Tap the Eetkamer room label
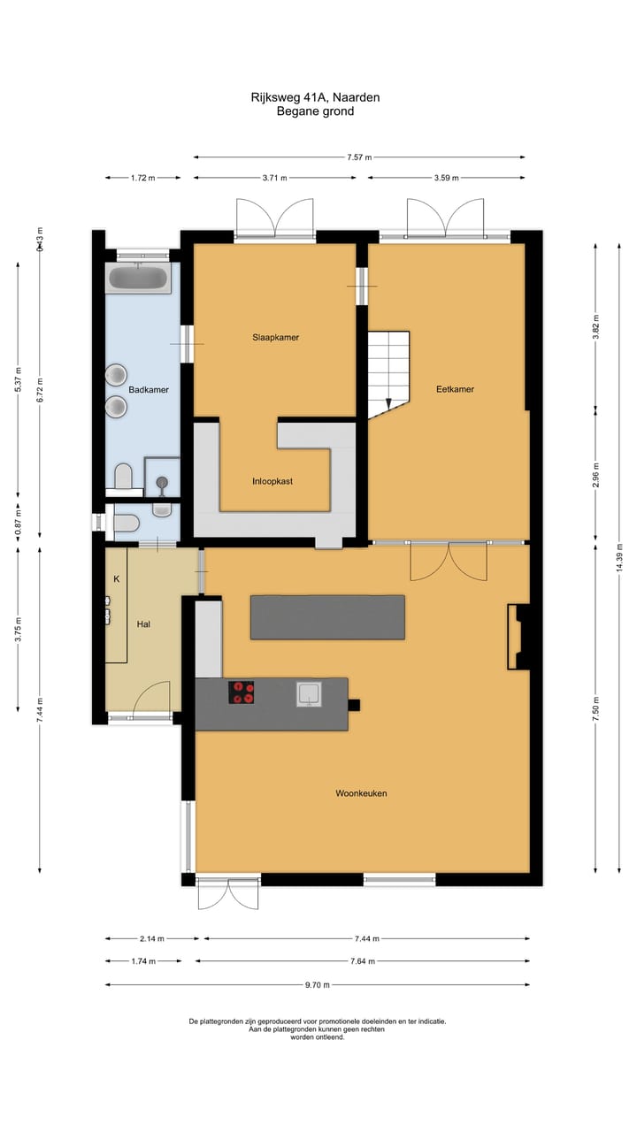(x=455, y=389)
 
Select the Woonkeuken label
(x=361, y=793)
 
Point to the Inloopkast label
(x=272, y=482)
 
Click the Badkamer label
(x=149, y=389)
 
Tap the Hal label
(x=143, y=624)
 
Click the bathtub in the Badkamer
(x=138, y=279)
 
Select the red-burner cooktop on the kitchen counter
(x=241, y=692)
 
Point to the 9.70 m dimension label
(x=316, y=984)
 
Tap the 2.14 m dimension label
(x=151, y=939)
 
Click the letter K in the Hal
(x=116, y=579)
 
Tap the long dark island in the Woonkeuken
(x=327, y=616)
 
